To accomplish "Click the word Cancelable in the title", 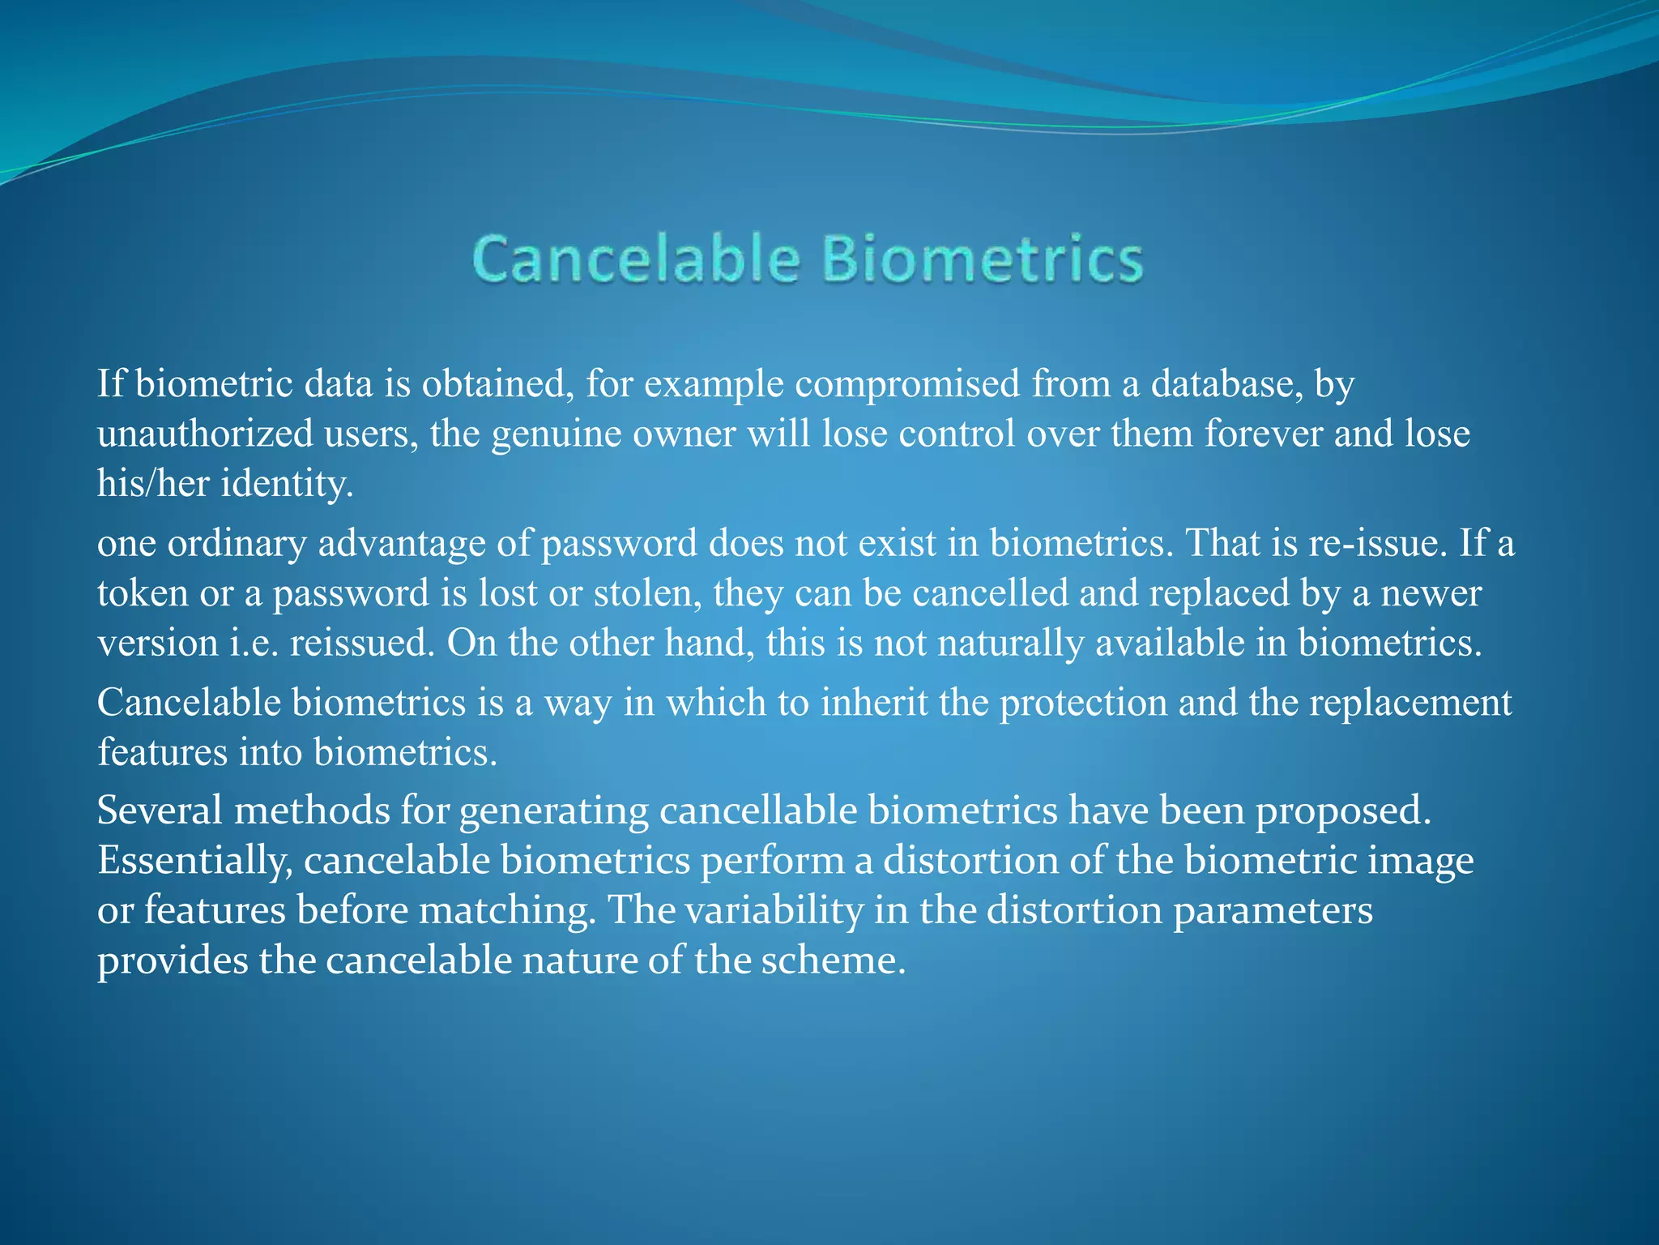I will pos(637,259).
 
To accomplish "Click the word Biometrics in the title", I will pos(982,259).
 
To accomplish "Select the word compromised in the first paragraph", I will pos(907,384).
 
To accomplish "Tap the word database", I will pos(1226,384).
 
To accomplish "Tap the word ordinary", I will pos(237,544).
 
